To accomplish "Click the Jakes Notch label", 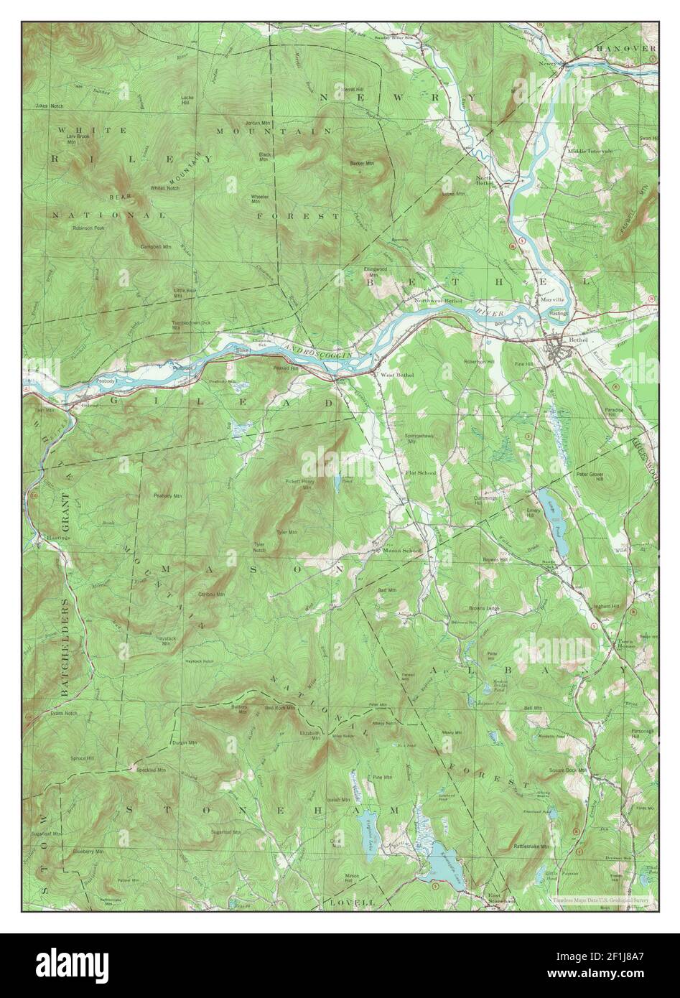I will coord(45,106).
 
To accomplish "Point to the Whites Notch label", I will coord(164,188).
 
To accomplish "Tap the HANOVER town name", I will coord(625,48).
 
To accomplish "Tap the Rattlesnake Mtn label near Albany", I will coord(531,847).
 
